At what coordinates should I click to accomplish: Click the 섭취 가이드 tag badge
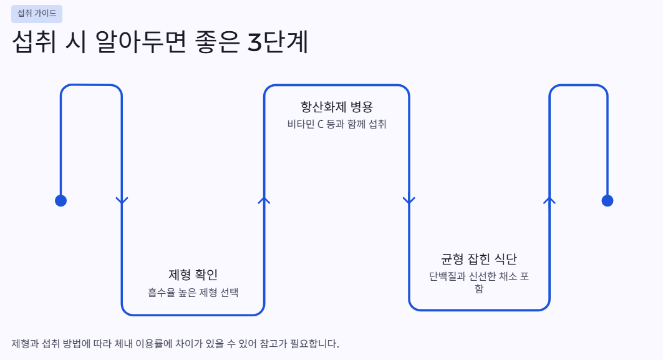click(x=37, y=14)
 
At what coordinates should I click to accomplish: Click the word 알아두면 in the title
click(x=140, y=42)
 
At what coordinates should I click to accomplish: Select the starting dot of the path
click(x=61, y=200)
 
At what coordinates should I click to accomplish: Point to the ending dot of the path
click(x=607, y=200)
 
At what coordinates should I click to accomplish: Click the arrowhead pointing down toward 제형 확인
click(x=122, y=200)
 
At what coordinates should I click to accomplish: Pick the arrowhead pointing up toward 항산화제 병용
click(x=264, y=200)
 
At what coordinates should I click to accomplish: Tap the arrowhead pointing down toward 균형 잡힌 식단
click(x=409, y=200)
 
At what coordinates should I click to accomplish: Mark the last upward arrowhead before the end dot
click(x=549, y=200)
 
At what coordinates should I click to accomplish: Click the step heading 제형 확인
click(x=193, y=275)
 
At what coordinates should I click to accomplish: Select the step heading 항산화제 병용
click(x=337, y=107)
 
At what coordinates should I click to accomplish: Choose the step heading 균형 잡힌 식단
click(x=478, y=259)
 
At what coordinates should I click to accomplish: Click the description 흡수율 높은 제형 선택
click(x=193, y=293)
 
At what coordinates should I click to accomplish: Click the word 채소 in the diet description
click(x=508, y=276)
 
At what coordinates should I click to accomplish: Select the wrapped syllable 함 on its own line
click(x=478, y=288)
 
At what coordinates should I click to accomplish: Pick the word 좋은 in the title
click(x=217, y=42)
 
